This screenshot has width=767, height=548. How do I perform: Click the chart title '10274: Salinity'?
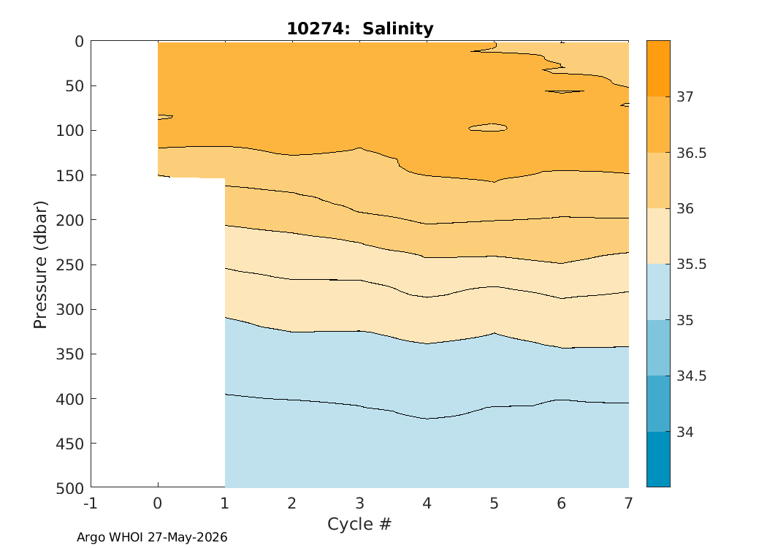click(360, 28)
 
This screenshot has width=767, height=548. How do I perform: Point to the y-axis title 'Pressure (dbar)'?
click(40, 265)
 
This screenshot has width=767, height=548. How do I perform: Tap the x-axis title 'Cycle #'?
click(359, 524)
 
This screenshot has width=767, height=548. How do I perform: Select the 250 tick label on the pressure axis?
click(69, 265)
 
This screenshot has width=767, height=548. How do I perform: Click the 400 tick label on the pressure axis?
click(69, 399)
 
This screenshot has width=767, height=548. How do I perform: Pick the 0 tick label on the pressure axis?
click(79, 42)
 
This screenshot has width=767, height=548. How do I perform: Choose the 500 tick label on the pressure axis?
click(69, 488)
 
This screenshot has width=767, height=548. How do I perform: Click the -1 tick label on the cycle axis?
click(91, 503)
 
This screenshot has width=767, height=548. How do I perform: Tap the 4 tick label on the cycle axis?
click(427, 503)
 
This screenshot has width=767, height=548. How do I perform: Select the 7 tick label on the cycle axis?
click(628, 503)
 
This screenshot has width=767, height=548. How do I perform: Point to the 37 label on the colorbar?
click(685, 97)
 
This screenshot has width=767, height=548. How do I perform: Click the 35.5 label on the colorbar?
click(692, 265)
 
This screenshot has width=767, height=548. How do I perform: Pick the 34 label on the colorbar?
click(685, 432)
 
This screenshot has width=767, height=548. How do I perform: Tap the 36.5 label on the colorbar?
click(692, 153)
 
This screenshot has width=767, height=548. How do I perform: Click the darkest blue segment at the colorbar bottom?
click(658, 460)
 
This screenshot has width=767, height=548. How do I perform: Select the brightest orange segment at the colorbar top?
click(658, 69)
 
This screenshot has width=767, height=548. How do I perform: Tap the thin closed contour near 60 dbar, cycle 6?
click(565, 91)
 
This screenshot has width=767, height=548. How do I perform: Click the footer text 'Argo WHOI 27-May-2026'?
click(152, 537)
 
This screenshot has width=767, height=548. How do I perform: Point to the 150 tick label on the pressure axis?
click(69, 175)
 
